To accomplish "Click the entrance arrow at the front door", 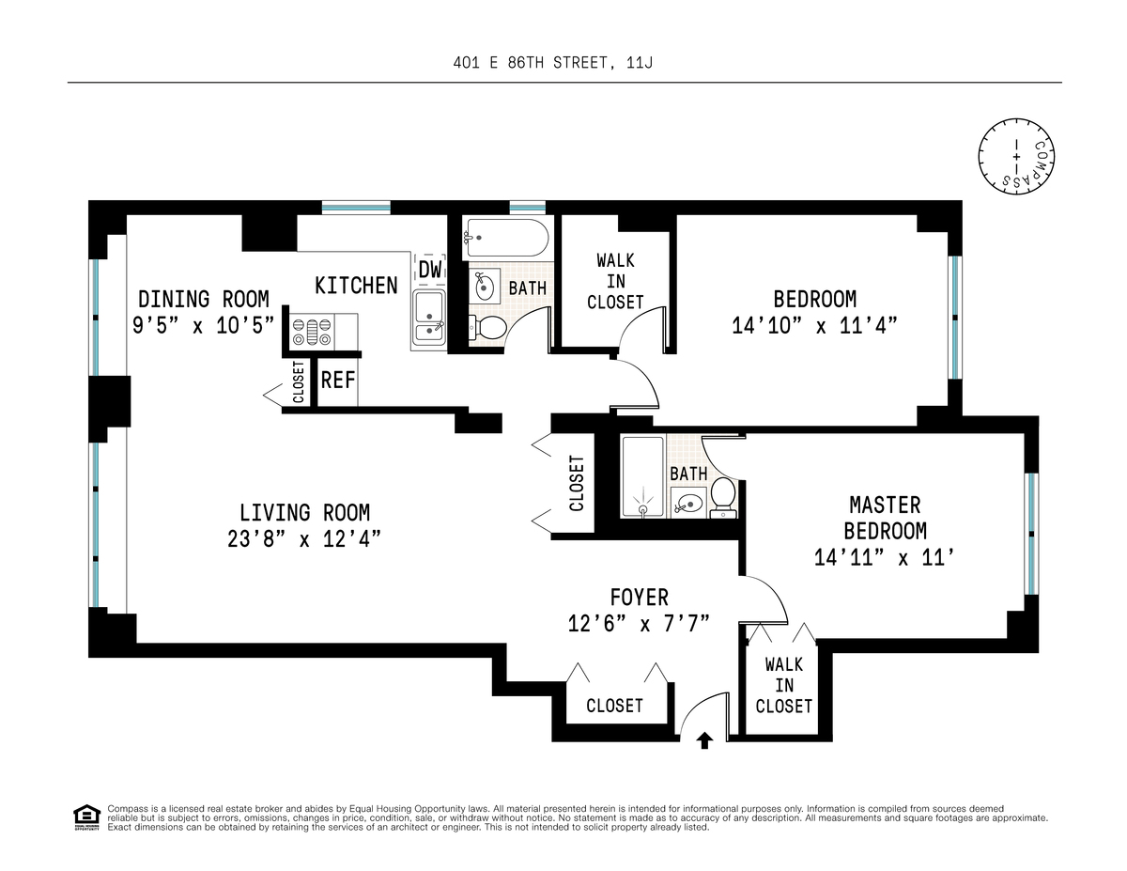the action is click(703, 740).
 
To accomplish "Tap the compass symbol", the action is click(1016, 156).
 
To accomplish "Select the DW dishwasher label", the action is click(430, 270).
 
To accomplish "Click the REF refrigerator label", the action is click(338, 381).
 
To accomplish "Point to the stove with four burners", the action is click(312, 332).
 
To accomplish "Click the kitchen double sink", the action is click(429, 318).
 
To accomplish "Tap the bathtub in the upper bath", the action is click(506, 238).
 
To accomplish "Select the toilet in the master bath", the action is click(723, 498).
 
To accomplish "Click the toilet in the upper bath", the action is click(487, 328).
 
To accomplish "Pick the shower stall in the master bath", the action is click(642, 476).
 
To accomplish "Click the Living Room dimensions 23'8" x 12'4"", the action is click(304, 539).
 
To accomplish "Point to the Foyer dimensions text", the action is click(639, 624).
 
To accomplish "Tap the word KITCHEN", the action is click(356, 286).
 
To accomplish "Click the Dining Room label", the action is click(204, 300).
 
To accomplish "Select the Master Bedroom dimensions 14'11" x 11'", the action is click(885, 558).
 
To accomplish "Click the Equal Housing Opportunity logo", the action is click(86, 817).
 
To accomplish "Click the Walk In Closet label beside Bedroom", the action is click(615, 281).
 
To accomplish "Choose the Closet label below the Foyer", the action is click(614, 706).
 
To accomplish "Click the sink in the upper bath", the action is click(485, 287).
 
